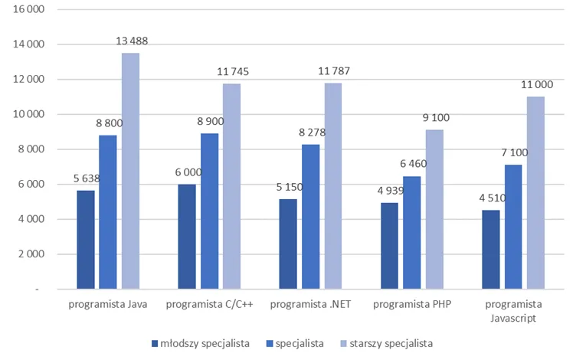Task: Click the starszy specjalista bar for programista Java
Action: pyautogui.click(x=130, y=172)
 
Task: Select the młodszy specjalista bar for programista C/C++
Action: pyautogui.click(x=186, y=237)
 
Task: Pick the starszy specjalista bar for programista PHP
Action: pyautogui.click(x=434, y=210)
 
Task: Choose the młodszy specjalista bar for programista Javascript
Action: pyautogui.click(x=492, y=250)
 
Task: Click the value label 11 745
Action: pyautogui.click(x=231, y=72)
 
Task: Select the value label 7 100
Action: pyautogui.click(x=513, y=153)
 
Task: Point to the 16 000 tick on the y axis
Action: pyautogui.click(x=28, y=9)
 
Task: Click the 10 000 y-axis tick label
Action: pyautogui.click(x=28, y=114)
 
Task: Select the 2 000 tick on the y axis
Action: pyautogui.click(x=31, y=254)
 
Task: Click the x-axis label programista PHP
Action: pyautogui.click(x=412, y=304)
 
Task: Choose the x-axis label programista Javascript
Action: pyautogui.click(x=514, y=310)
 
